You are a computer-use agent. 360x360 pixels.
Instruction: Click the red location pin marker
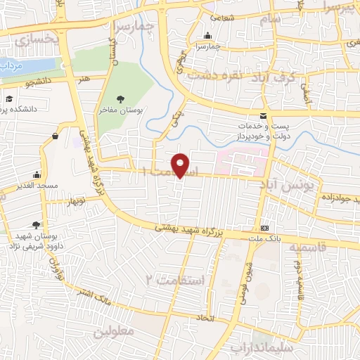coord(181,165)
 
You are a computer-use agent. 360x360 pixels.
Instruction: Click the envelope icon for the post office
coord(263,115)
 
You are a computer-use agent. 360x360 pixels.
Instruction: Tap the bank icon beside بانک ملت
coord(264,229)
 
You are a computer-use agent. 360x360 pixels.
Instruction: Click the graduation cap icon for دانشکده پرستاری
coord(11,99)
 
